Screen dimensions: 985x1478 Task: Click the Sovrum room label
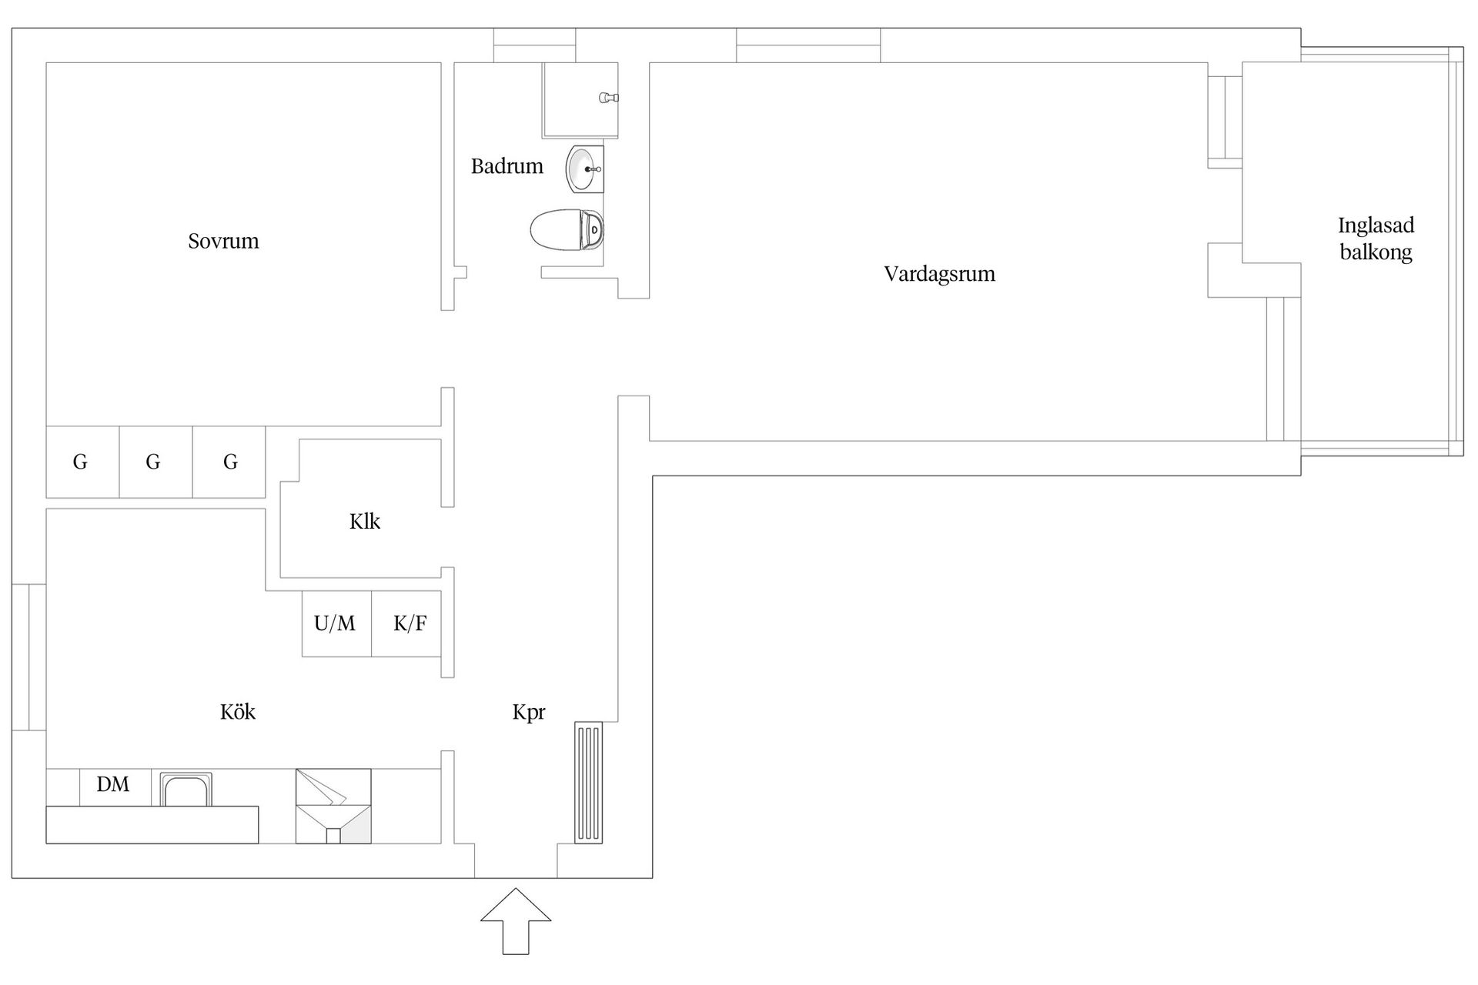click(223, 241)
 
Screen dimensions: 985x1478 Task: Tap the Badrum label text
click(507, 166)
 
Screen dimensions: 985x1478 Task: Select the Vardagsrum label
click(939, 274)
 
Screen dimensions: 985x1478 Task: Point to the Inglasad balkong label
click(1376, 239)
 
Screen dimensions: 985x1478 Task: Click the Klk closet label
click(364, 522)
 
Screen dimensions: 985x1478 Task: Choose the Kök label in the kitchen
click(237, 712)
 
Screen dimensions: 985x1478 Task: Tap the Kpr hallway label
click(529, 712)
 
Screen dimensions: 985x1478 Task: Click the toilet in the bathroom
click(567, 229)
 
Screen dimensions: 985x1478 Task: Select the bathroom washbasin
click(584, 168)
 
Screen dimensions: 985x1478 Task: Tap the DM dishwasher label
click(113, 785)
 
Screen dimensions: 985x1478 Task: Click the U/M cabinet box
click(336, 623)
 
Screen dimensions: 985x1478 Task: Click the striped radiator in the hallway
click(589, 783)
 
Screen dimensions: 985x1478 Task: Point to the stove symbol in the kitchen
click(333, 806)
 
